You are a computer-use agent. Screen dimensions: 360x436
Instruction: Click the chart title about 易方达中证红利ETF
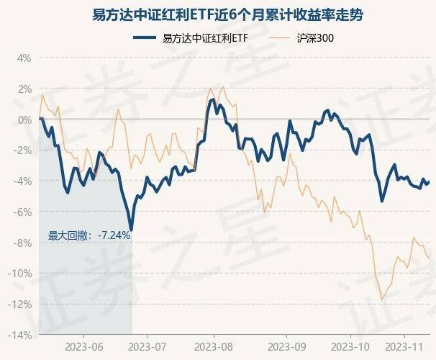217,14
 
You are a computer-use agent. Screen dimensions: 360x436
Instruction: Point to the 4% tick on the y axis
25,58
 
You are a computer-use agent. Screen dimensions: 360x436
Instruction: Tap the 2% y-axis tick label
25,89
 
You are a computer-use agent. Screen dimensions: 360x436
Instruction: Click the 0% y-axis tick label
25,120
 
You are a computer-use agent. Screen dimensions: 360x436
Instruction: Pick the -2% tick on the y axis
24,150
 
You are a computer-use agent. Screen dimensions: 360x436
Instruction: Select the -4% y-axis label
24,181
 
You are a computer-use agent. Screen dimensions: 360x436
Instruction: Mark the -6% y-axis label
24,212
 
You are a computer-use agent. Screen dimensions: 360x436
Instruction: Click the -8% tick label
24,243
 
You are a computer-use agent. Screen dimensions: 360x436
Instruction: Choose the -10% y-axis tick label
22,274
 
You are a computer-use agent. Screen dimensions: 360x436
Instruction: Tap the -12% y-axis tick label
22,305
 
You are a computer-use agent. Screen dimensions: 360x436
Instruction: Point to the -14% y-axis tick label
22,336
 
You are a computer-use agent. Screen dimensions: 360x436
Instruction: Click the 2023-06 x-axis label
83,347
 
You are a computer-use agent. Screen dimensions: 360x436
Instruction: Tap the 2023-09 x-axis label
285,347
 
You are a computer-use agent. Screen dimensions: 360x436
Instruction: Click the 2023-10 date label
350,347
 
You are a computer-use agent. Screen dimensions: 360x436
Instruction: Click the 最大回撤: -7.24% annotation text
89,235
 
